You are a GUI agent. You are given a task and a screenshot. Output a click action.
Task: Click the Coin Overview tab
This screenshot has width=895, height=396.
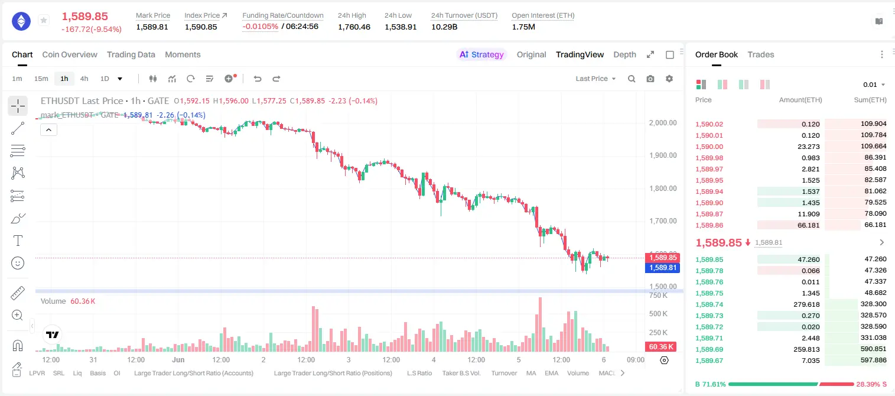[70, 54]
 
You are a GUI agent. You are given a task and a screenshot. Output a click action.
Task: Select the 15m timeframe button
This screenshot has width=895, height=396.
[41, 79]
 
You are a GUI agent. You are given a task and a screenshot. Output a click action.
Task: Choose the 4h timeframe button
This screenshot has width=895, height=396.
[84, 79]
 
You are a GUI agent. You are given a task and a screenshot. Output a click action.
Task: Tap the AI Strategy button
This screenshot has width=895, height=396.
[481, 54]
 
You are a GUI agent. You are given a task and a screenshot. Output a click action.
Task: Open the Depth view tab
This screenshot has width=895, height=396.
[624, 54]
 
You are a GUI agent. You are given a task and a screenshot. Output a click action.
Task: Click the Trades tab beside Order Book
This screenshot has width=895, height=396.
[761, 54]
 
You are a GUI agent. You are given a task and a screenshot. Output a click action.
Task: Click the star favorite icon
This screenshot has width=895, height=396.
[44, 20]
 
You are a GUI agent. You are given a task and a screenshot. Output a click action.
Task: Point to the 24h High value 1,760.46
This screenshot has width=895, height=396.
[354, 27]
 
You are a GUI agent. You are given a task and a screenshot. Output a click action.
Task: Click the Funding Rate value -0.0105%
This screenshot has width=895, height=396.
[260, 27]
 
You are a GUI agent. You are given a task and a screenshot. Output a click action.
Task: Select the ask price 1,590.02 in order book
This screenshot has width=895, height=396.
[710, 124]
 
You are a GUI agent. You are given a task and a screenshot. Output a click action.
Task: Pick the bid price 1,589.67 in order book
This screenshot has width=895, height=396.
[710, 361]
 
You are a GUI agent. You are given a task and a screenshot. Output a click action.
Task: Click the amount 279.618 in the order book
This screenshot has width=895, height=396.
[806, 304]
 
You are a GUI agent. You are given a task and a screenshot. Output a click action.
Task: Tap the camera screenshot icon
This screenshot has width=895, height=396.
[650, 79]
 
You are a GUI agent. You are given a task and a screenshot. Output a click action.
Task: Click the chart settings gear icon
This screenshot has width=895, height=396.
[669, 79]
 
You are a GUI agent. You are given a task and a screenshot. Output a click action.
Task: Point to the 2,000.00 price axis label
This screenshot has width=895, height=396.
[663, 123]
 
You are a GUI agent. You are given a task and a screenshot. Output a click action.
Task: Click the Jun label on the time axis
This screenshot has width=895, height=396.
[178, 359]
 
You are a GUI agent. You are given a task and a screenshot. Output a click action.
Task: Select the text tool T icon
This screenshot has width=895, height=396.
[18, 241]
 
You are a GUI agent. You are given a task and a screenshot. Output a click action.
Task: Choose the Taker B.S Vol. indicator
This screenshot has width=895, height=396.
[461, 373]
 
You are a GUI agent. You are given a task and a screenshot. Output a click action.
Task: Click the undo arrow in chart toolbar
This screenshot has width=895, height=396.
[258, 79]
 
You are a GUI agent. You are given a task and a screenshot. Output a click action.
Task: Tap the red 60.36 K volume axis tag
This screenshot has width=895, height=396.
[661, 347]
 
